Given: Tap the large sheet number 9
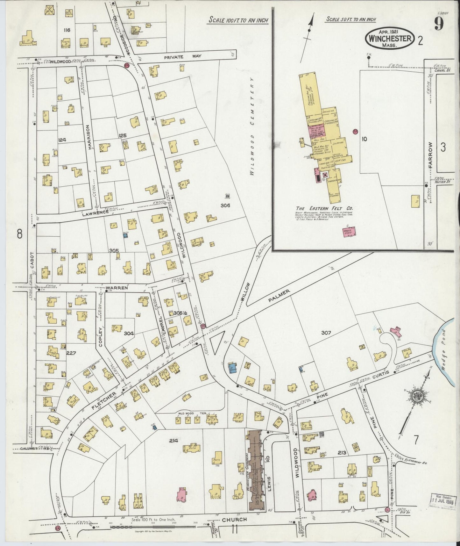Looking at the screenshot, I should pyautogui.click(x=439, y=23).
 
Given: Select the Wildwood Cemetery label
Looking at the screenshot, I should pyautogui.click(x=252, y=126).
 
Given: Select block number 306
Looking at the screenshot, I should pyautogui.click(x=225, y=205).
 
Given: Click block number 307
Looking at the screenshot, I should pyautogui.click(x=326, y=333).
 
